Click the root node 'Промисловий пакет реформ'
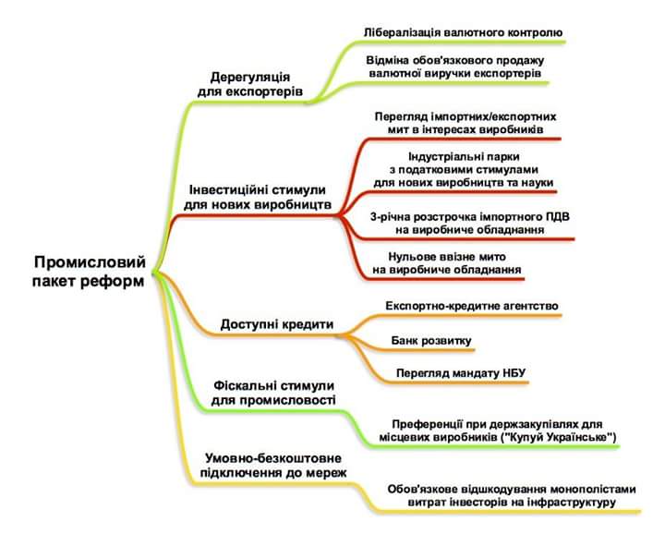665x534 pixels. point(89,272)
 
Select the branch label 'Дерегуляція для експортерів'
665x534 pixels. point(250,84)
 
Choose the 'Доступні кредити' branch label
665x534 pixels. point(276,324)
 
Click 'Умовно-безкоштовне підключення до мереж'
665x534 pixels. point(273,466)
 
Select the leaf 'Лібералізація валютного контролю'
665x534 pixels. point(463,31)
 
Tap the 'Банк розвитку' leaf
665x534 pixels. point(431,341)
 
